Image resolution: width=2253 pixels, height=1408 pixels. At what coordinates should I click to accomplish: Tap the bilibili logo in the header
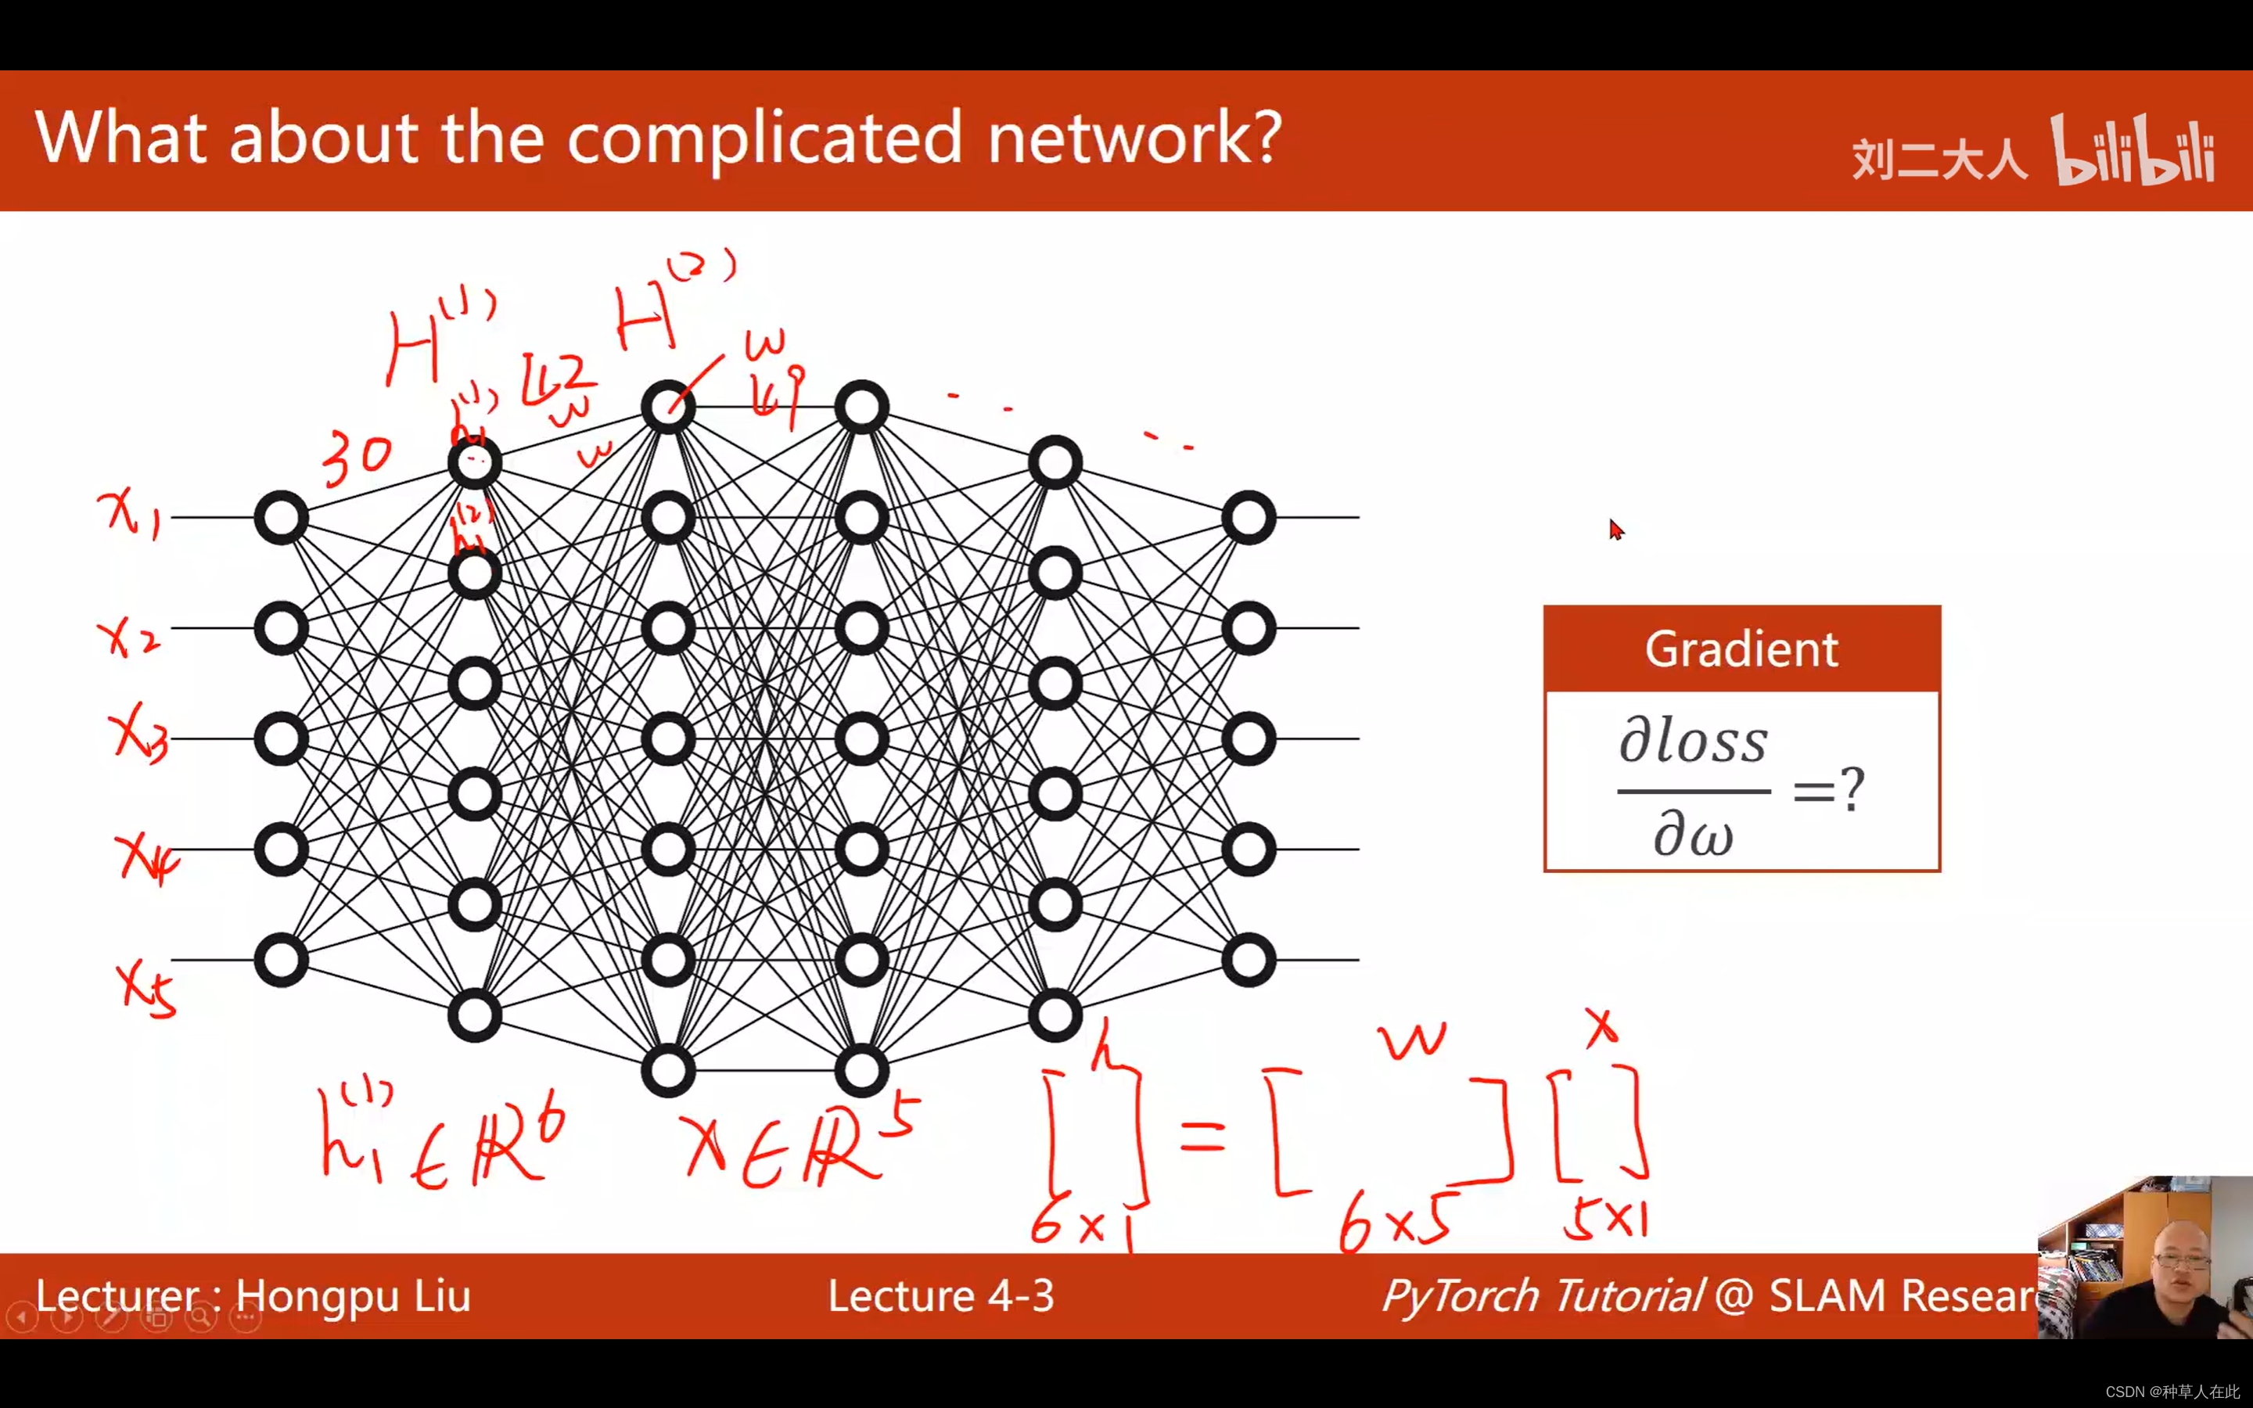coord(2132,151)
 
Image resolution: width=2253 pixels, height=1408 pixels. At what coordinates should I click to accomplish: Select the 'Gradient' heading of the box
coord(1741,649)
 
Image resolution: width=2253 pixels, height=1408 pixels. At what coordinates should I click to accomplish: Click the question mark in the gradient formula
coord(1852,790)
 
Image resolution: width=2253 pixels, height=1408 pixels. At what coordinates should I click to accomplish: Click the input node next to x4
coord(281,849)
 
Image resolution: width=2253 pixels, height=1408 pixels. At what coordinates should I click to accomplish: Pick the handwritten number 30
coord(358,459)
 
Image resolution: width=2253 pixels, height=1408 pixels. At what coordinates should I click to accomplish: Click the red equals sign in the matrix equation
coord(1202,1136)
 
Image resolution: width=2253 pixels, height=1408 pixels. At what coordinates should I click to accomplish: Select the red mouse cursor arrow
coord(1615,529)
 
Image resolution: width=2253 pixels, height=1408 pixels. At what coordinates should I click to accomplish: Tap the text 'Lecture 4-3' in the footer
coord(940,1296)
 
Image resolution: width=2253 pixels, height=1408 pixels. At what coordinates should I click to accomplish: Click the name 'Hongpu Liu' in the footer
coord(353,1296)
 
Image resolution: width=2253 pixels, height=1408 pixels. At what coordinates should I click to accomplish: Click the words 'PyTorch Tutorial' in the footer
coord(1542,1296)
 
